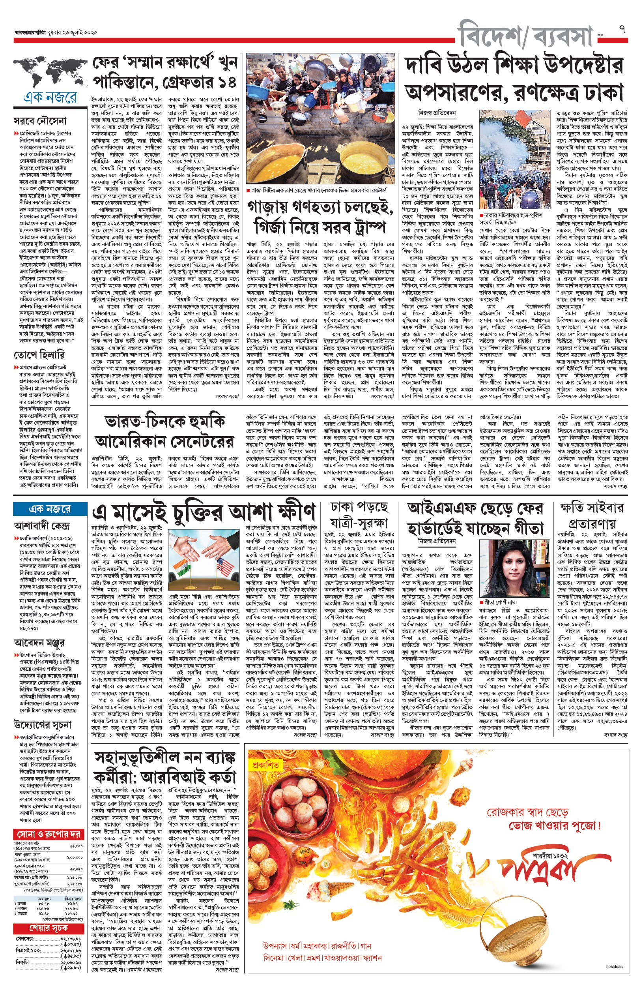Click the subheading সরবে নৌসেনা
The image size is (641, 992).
(x=40, y=121)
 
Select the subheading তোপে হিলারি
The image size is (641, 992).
(x=39, y=355)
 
